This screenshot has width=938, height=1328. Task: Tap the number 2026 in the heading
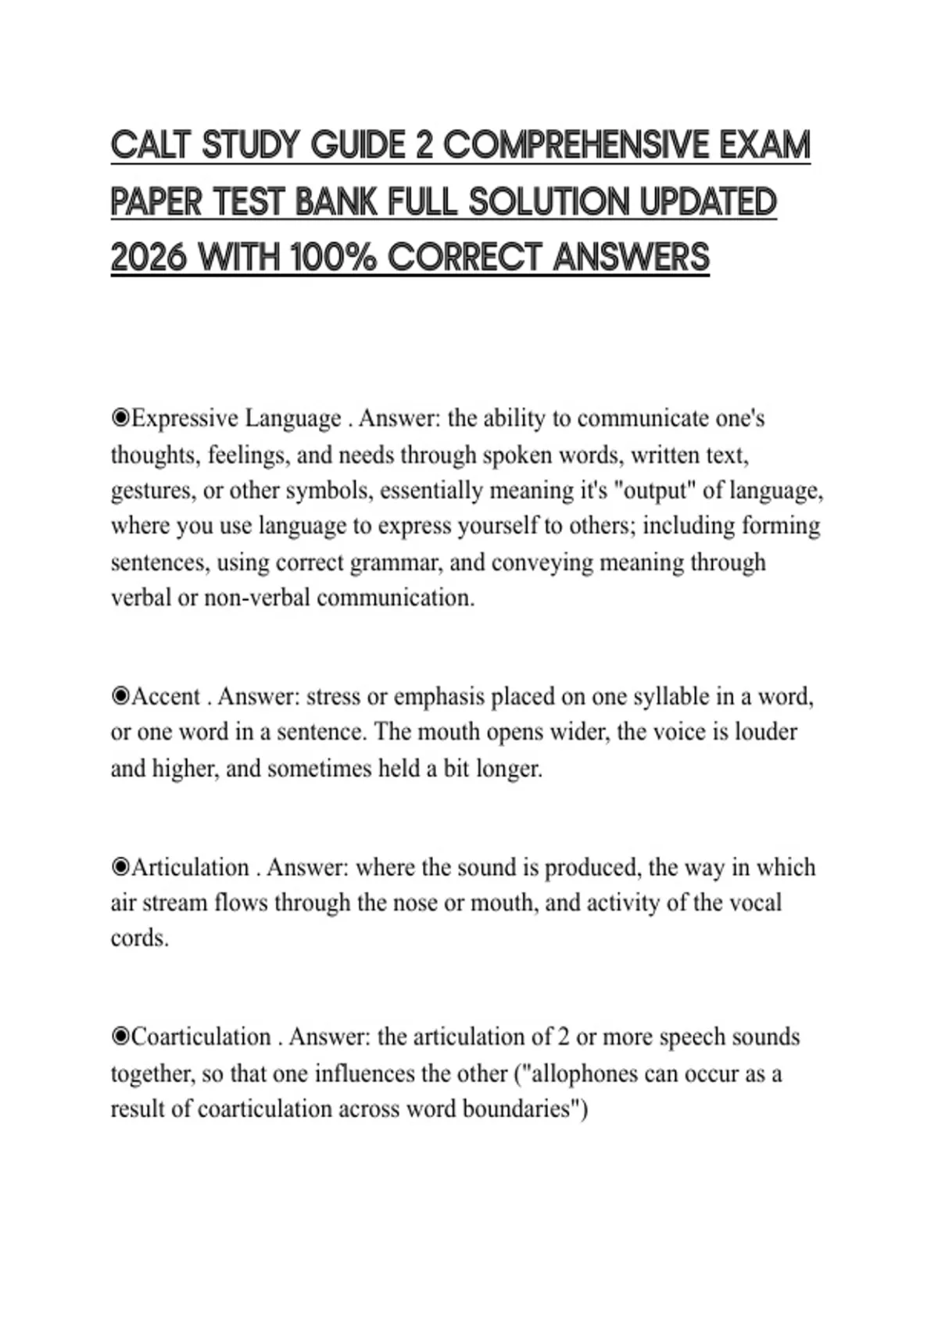click(149, 258)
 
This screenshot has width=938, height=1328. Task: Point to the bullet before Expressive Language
click(120, 419)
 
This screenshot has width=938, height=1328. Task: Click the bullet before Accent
click(120, 696)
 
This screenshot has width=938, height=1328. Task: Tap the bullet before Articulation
click(120, 867)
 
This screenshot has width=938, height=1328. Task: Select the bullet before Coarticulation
click(120, 1037)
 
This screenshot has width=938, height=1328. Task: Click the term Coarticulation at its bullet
click(201, 1037)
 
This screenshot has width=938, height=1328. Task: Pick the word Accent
click(166, 696)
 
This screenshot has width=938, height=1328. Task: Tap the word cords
click(139, 938)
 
